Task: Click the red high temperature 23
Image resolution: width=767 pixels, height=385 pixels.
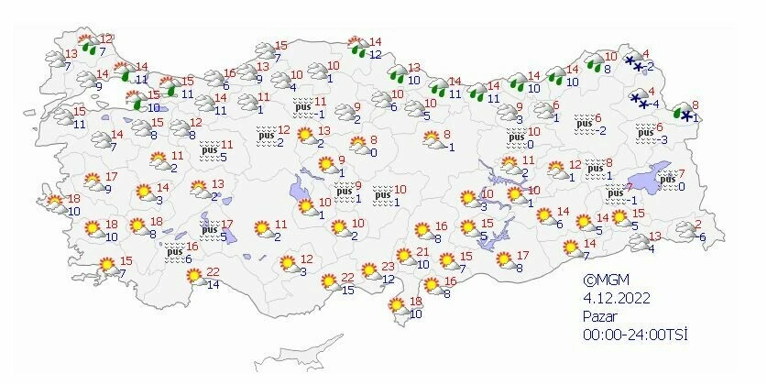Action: [x=388, y=267]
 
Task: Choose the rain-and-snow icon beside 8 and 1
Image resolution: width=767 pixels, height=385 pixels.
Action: [x=682, y=114]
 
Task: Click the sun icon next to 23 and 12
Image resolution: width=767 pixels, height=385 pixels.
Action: [x=370, y=272]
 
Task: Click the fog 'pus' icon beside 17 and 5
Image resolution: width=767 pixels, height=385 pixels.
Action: [x=209, y=229]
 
